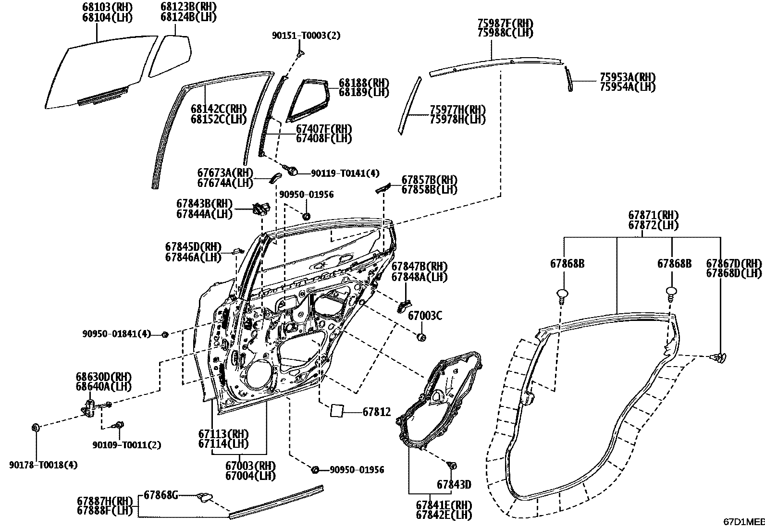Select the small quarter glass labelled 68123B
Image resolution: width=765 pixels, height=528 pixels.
click(171, 55)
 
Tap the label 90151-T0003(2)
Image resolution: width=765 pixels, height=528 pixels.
click(306, 36)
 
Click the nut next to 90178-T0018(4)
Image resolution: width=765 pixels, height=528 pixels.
click(35, 427)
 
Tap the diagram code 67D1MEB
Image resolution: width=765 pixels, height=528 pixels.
click(744, 522)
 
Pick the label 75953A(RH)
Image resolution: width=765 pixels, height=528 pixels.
click(628, 77)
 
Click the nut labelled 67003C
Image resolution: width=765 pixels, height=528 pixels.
click(421, 337)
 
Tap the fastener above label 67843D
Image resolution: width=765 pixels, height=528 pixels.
click(452, 465)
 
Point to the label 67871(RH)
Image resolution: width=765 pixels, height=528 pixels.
click(653, 215)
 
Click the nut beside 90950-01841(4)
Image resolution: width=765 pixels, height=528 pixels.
click(164, 334)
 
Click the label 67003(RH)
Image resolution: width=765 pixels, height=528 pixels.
click(250, 466)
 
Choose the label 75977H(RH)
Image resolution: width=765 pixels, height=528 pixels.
click(457, 110)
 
